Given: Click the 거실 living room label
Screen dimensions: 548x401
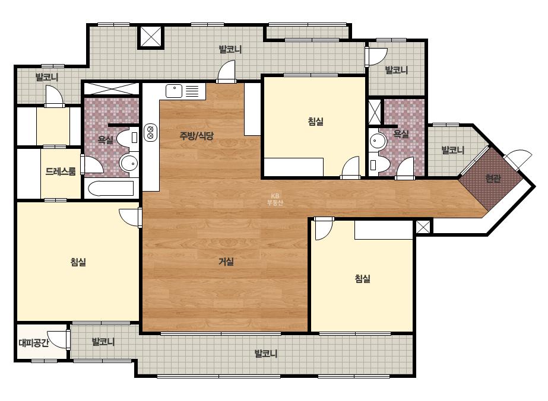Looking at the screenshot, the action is (x=226, y=261).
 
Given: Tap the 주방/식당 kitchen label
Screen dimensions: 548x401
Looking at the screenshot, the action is (x=197, y=135).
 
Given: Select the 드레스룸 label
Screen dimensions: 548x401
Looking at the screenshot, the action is (x=61, y=171).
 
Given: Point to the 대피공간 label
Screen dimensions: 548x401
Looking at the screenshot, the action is (x=34, y=343).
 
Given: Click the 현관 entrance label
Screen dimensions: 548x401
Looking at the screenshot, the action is (x=493, y=179).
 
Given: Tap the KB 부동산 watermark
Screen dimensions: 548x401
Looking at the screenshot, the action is (x=275, y=199).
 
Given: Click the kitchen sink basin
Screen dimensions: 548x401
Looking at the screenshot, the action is (x=174, y=91).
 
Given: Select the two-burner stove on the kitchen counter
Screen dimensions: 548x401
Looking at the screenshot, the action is (x=150, y=132).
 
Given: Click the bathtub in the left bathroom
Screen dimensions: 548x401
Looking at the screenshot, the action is (x=111, y=189).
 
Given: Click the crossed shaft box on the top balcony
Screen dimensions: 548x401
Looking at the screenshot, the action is (x=151, y=36).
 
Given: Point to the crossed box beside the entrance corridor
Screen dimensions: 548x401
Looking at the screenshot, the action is (x=423, y=227).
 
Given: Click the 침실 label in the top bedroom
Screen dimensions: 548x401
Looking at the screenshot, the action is (x=316, y=121).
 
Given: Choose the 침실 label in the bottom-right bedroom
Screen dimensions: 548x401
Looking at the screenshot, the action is (x=362, y=278).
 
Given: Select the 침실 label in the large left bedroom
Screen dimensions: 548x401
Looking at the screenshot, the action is (x=78, y=262).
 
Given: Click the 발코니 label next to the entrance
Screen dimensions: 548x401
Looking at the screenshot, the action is (x=452, y=150).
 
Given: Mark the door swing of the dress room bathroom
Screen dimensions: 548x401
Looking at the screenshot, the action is (x=92, y=164).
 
